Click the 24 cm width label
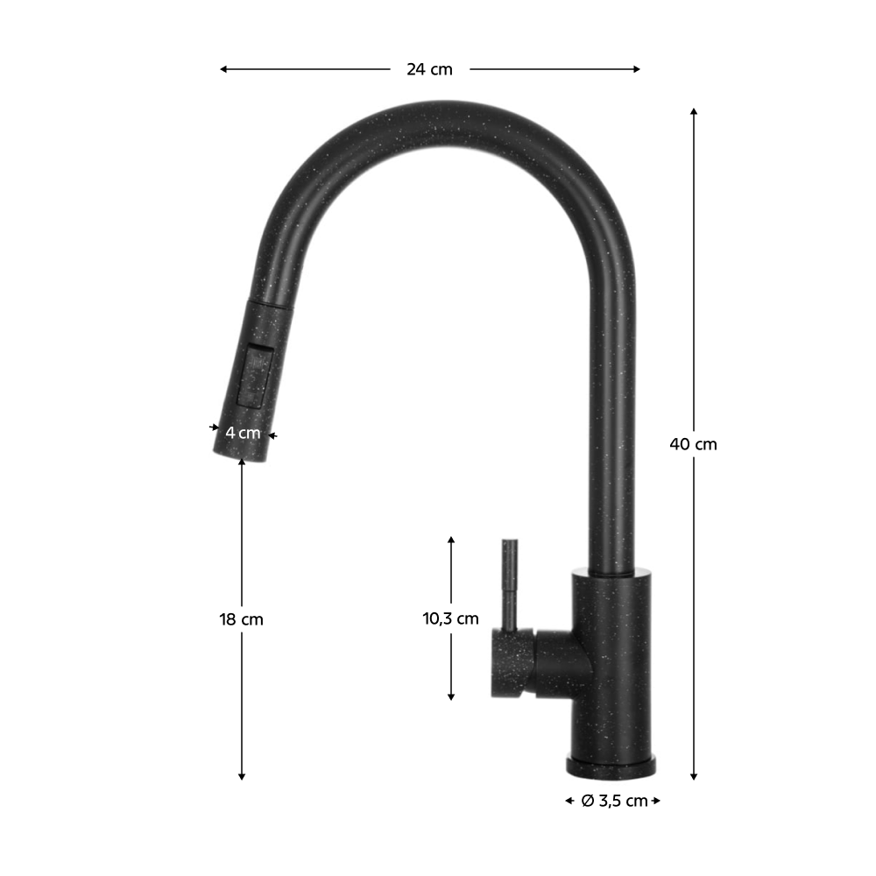tap(429, 69)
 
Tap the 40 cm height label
tap(693, 444)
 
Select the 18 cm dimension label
tap(241, 619)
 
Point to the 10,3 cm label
tap(450, 618)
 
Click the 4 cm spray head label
tap(243, 433)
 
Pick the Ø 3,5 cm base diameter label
tap(614, 801)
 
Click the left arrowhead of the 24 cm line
tap(223, 69)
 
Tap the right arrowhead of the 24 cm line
tap(636, 69)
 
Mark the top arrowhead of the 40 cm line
tap(693, 112)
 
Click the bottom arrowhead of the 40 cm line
tap(693, 776)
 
